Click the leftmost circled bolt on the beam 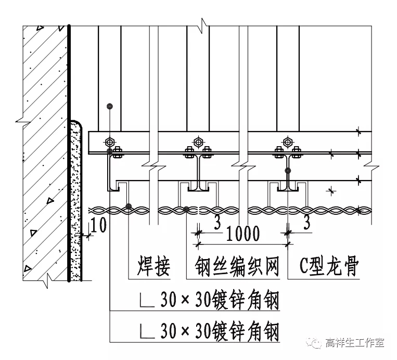click(x=109, y=142)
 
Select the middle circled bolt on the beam click(x=198, y=142)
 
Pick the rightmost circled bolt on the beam click(x=288, y=142)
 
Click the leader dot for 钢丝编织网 click(x=186, y=210)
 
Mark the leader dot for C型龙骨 click(x=287, y=170)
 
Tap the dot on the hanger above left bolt click(x=109, y=106)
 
